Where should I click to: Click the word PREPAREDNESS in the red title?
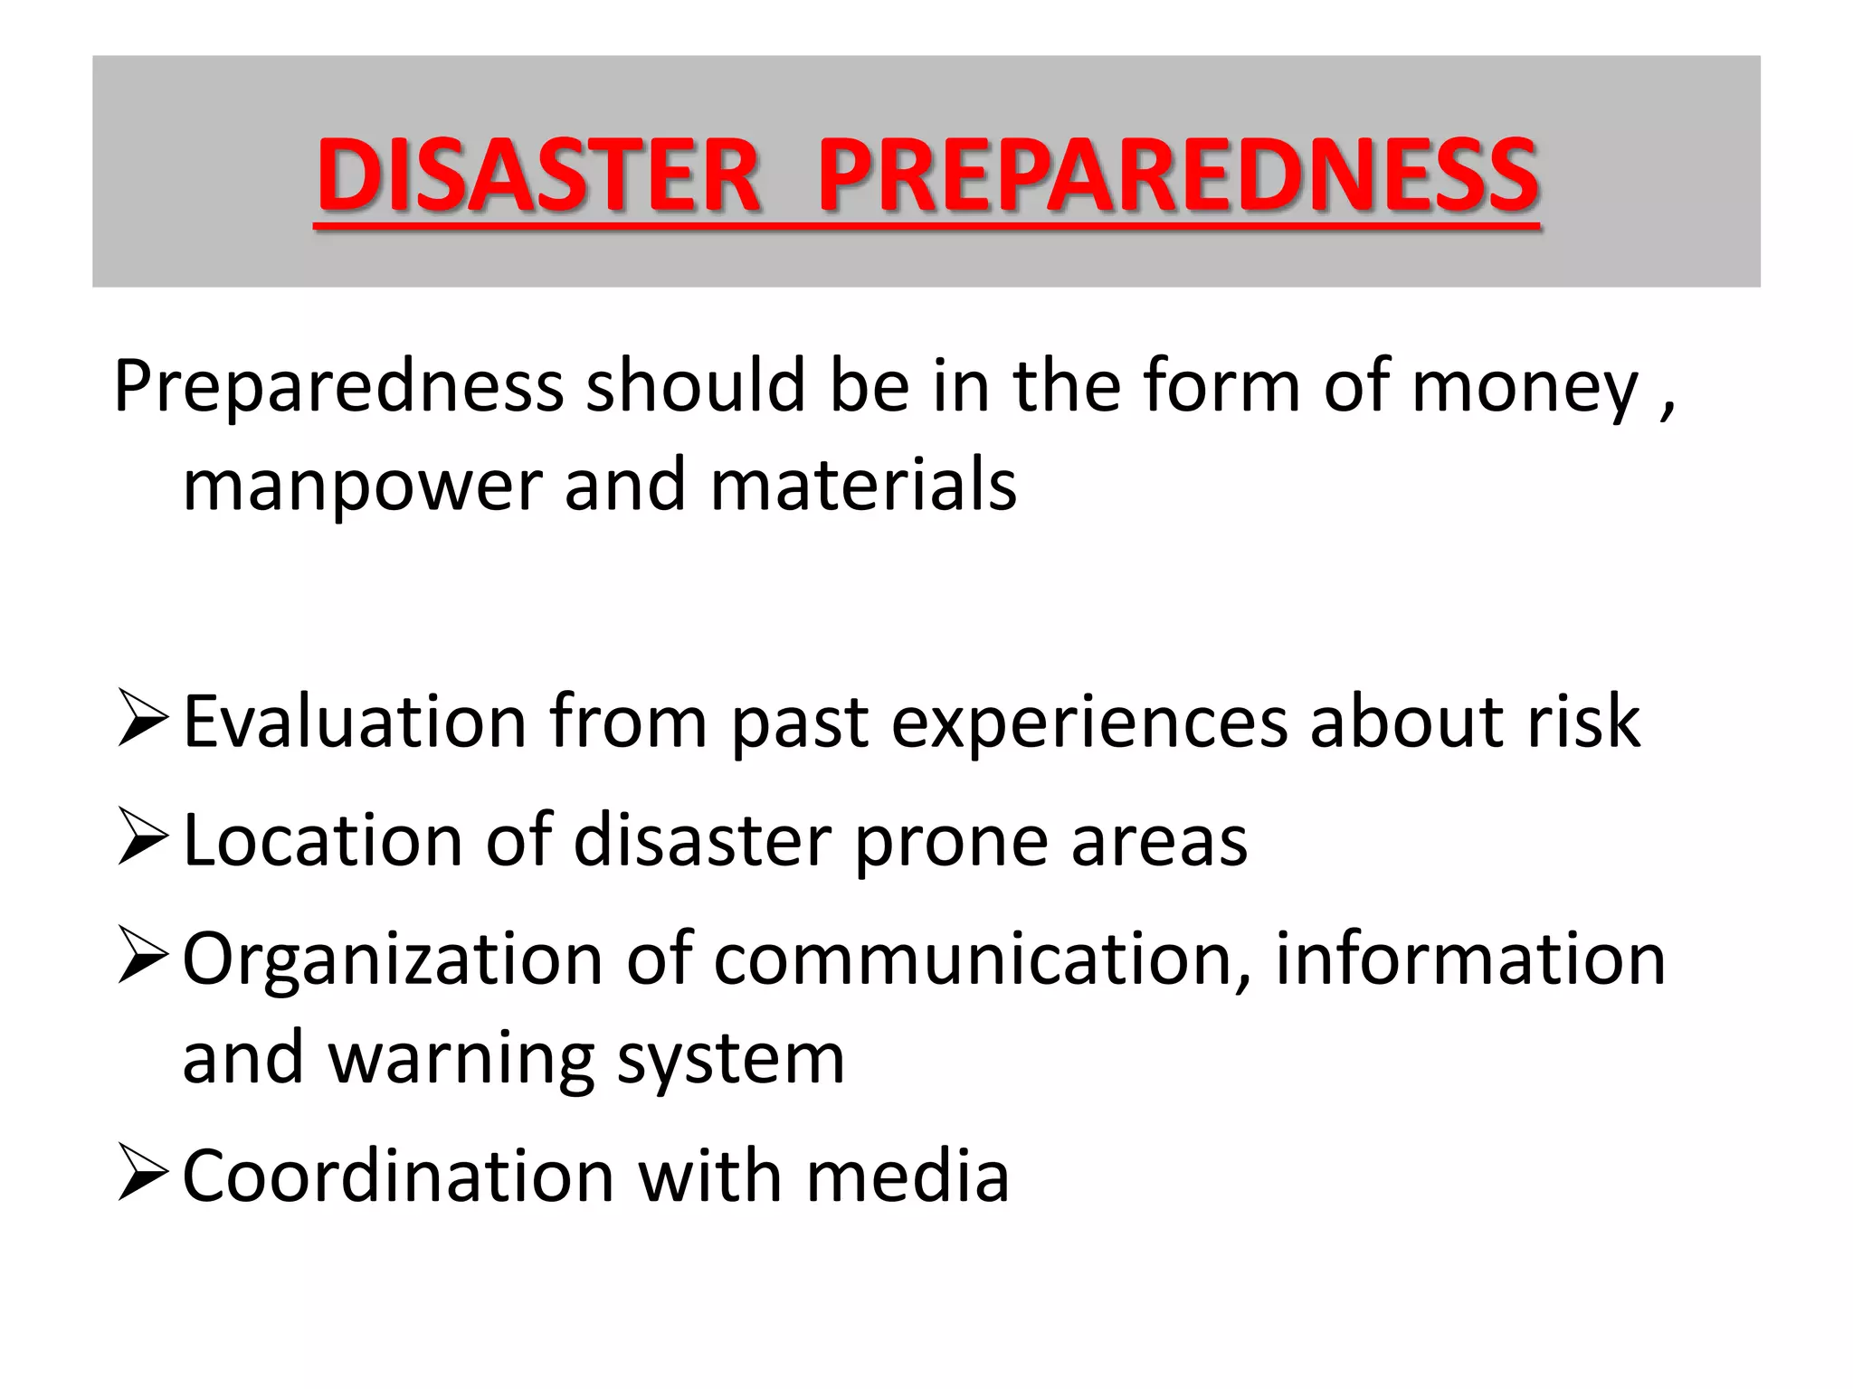coord(1178,175)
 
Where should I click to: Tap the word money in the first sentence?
coord(1525,387)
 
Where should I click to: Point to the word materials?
coord(863,485)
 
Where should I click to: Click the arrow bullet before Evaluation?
coord(143,720)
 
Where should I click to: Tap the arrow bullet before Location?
coord(143,837)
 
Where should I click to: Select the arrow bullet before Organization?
coord(143,959)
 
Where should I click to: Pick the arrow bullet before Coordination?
coord(143,1174)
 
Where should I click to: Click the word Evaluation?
coord(355,722)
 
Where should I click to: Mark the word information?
coord(1469,959)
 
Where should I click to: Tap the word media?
coord(907,1176)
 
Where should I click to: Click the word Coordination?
coord(398,1176)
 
